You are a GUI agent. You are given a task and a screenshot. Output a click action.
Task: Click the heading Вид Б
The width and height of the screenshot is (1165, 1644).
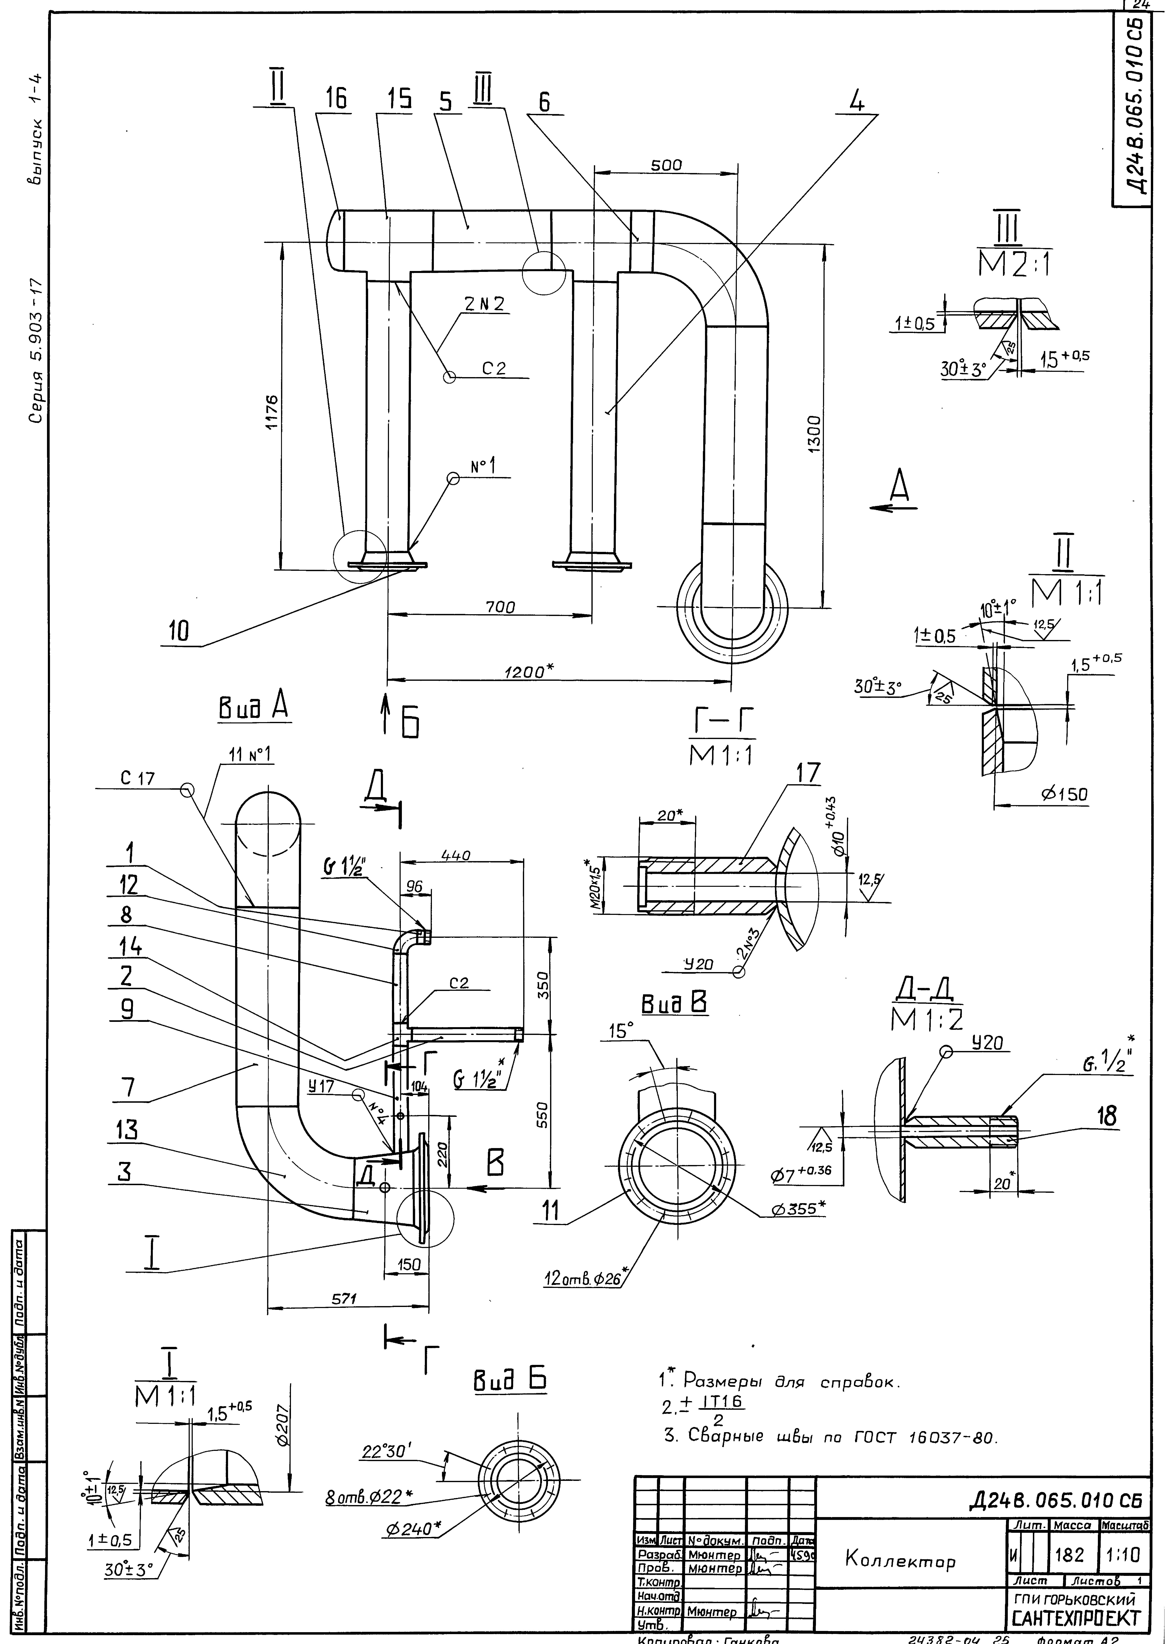coord(508,1380)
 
